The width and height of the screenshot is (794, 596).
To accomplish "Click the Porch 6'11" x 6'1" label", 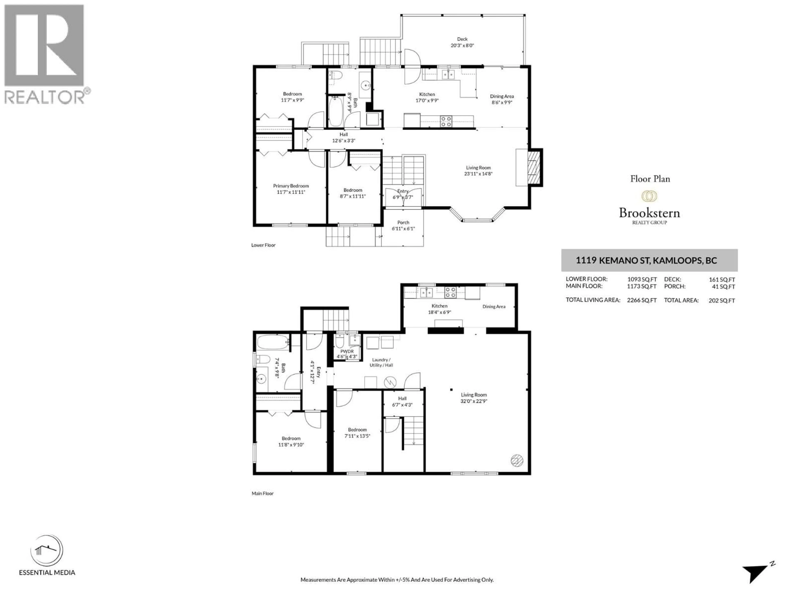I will click(x=403, y=225).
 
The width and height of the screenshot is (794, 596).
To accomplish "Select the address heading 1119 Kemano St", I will click(x=646, y=261).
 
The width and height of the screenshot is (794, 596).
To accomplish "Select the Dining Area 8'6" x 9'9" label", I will click(x=502, y=99).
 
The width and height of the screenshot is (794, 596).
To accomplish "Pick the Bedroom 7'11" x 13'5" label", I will click(x=357, y=433).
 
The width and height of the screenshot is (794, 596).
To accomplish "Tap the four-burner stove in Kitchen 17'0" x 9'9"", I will click(x=446, y=121).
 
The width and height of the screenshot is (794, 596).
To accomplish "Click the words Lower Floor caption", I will click(x=263, y=245).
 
